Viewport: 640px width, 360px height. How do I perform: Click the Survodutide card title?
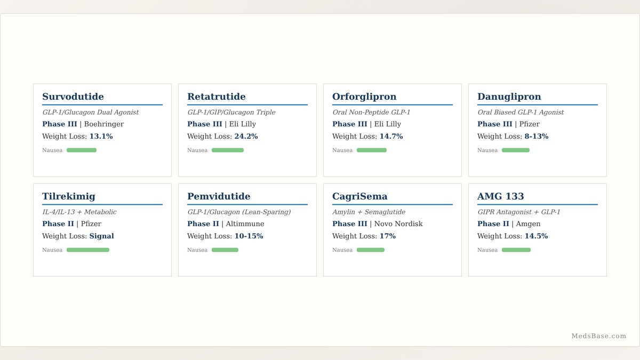point(73,97)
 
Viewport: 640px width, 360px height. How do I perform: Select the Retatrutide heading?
point(217,97)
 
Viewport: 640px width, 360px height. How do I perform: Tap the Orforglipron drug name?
point(364,97)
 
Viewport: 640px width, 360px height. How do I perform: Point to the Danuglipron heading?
point(509,97)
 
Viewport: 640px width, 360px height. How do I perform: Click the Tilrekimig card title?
point(69,197)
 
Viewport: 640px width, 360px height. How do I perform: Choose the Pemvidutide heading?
point(219,196)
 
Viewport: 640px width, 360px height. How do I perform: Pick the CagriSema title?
point(359,197)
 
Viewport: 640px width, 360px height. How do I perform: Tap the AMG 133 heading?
point(501,196)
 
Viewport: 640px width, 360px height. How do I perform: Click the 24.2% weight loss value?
point(246,137)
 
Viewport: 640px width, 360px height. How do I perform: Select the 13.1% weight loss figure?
point(101,137)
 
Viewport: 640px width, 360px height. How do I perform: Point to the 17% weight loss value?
point(387,236)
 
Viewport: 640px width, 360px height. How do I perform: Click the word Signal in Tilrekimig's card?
point(101,236)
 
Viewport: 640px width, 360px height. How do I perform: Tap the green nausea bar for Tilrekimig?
point(88,250)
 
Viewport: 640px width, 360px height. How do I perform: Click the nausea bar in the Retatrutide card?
point(228,150)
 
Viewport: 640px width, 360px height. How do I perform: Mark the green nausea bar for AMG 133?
point(516,250)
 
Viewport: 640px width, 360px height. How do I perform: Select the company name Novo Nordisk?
point(398,223)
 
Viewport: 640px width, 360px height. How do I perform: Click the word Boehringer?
point(104,124)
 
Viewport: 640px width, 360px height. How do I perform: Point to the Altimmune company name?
point(245,223)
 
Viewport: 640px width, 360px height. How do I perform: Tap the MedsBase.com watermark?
point(598,336)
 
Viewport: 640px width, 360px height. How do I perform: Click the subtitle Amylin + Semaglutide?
point(369,212)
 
